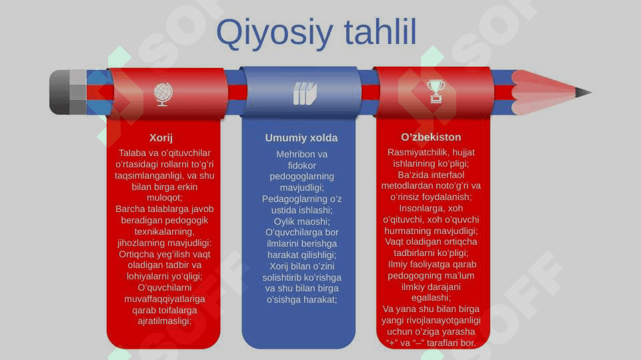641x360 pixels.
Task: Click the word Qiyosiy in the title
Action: click(274, 33)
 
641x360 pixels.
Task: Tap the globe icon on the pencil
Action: click(163, 94)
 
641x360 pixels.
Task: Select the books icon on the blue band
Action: click(305, 93)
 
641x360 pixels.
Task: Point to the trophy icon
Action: click(436, 91)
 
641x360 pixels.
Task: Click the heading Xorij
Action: click(161, 138)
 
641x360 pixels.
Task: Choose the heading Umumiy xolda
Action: click(301, 138)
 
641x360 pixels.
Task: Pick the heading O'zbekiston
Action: click(431, 137)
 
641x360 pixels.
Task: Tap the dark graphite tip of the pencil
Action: click(584, 93)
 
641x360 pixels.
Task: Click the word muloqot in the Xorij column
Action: click(163, 198)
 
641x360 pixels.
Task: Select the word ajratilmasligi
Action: click(163, 321)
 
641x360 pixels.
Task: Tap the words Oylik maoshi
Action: click(301, 221)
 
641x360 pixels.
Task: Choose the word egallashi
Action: click(430, 297)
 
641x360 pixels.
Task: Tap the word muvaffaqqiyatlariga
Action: click(164, 299)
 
